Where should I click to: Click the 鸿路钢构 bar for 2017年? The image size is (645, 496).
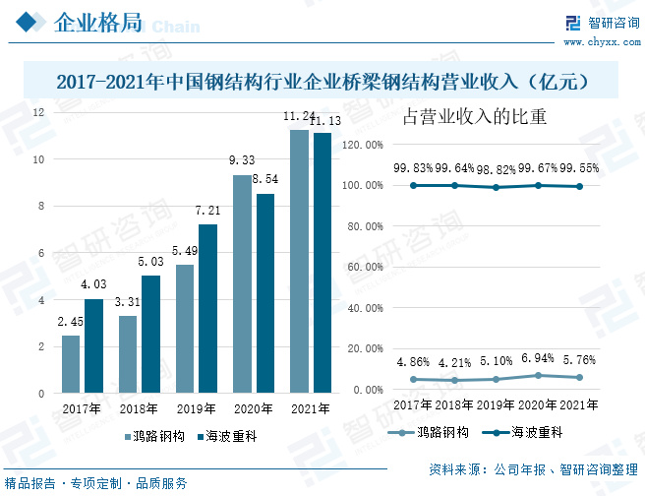pyautogui.click(x=71, y=364)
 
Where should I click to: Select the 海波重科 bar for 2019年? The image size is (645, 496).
pyautogui.click(x=207, y=308)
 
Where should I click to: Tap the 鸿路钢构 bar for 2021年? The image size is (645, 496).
pyautogui.click(x=299, y=261)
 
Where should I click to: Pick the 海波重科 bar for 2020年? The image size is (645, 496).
pyautogui.click(x=264, y=293)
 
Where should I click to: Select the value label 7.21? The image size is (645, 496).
pyautogui.click(x=207, y=212)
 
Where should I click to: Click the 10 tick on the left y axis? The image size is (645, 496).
pyautogui.click(x=37, y=159)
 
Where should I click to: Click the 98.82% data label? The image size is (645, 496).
pyautogui.click(x=496, y=169)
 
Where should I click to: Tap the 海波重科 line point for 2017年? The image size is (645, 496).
pyautogui.click(x=413, y=185)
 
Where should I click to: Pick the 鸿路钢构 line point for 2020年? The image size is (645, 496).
pyautogui.click(x=538, y=375)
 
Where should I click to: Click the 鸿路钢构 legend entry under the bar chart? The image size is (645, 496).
pyautogui.click(x=153, y=436)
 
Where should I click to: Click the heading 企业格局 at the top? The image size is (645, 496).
pyautogui.click(x=95, y=23)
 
